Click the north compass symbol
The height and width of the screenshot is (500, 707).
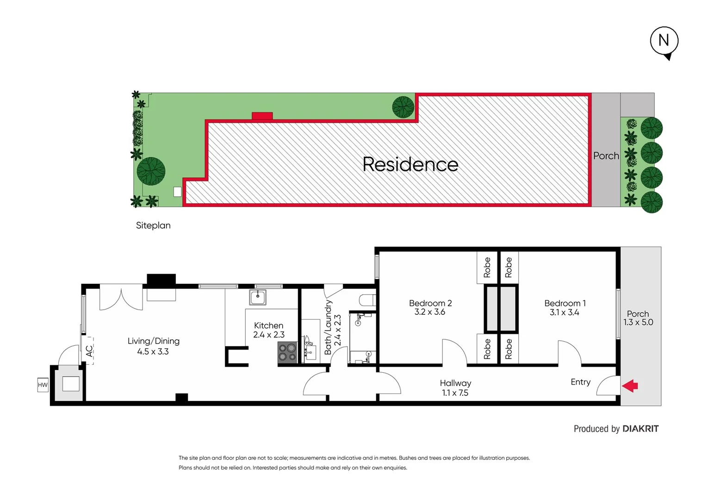click(x=664, y=42)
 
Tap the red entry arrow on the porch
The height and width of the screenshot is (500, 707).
click(x=630, y=386)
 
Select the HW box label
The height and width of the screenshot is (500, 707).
click(x=43, y=385)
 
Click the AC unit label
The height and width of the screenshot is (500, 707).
click(x=89, y=350)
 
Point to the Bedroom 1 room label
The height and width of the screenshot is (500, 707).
click(x=564, y=308)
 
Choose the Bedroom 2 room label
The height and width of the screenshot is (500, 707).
click(x=430, y=307)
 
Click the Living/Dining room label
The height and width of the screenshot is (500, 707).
click(x=153, y=346)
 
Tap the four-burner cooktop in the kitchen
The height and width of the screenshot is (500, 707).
click(x=287, y=352)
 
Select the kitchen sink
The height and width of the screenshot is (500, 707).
click(x=257, y=297)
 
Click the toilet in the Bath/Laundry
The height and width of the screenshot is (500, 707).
click(x=367, y=300)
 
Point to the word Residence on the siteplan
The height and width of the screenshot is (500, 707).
click(x=410, y=164)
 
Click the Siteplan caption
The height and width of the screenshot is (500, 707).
click(x=153, y=225)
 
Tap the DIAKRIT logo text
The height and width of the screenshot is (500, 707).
click(x=640, y=429)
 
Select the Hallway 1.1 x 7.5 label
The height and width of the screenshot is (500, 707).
click(x=455, y=388)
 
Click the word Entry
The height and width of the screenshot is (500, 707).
click(x=580, y=382)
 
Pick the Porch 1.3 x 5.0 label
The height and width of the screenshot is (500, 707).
click(x=638, y=318)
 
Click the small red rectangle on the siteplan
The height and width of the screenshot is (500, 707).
click(x=262, y=116)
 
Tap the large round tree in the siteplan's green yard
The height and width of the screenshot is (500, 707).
click(x=151, y=171)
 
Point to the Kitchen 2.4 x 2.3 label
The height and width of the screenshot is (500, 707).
click(x=269, y=330)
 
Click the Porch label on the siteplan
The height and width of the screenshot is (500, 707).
click(x=606, y=156)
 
